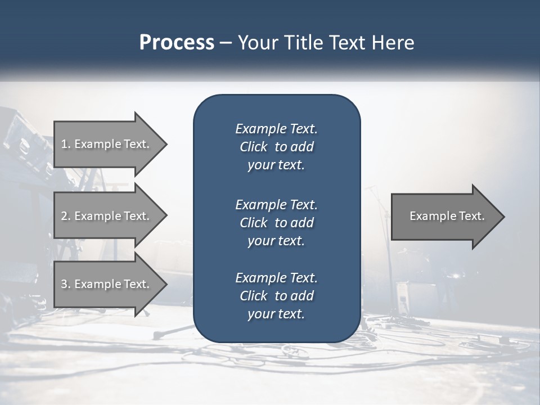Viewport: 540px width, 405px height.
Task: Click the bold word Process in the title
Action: [177, 43]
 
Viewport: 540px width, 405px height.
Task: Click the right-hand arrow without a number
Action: [444, 216]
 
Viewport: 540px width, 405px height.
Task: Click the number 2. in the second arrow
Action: [66, 216]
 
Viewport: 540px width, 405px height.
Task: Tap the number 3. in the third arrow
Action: [66, 284]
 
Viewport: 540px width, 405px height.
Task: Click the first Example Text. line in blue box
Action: [276, 129]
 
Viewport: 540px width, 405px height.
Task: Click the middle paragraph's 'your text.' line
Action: [276, 241]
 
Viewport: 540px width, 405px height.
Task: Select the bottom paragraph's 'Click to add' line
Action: [276, 296]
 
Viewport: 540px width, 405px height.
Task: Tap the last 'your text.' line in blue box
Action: [276, 314]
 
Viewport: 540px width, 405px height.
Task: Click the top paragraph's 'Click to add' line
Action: [276, 147]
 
